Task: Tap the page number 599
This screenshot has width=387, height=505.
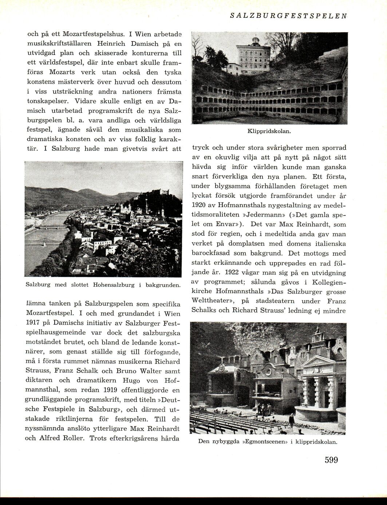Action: pyautogui.click(x=331, y=460)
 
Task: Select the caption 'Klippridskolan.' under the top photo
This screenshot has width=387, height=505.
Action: pyautogui.click(x=269, y=131)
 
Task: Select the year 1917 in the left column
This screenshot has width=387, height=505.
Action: pyautogui.click(x=33, y=323)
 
